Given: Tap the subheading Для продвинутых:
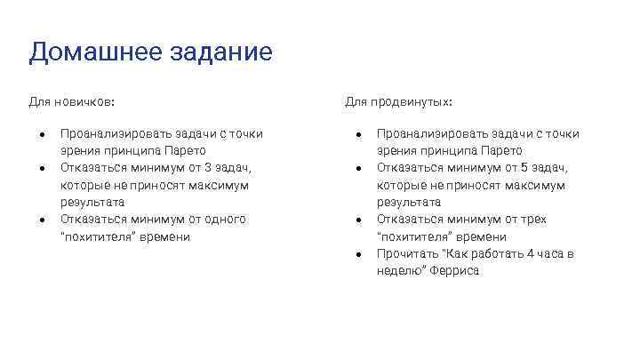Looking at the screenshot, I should coord(399,102).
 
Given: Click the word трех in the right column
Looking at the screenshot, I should coord(535,220).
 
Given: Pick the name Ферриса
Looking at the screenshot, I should coord(456,271).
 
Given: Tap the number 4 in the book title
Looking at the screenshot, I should coord(531,254).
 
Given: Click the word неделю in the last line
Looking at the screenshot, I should coord(397,271).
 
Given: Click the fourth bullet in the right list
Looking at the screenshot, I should coord(358,254).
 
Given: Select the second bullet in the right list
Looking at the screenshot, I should coord(358,168).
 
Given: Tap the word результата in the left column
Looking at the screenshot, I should coord(92,203).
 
